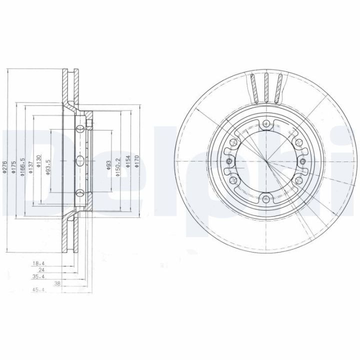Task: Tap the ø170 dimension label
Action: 137,162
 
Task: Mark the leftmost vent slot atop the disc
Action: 253,87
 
